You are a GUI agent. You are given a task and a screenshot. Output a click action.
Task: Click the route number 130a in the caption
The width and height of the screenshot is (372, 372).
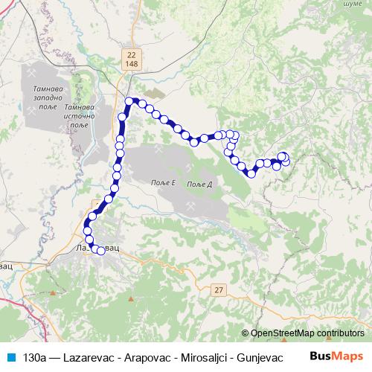tap(33, 357)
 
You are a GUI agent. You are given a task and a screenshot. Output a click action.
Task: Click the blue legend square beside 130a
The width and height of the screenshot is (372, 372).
tap(12, 357)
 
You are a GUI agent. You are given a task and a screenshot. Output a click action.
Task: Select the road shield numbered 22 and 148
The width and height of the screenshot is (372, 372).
tap(132, 60)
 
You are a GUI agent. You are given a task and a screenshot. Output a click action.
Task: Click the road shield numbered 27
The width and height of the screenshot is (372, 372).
tap(217, 289)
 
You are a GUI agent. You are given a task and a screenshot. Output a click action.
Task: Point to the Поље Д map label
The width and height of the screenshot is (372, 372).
tap(200, 184)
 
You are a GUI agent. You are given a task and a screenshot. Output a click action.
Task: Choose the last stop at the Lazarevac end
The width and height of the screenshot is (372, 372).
tap(101, 251)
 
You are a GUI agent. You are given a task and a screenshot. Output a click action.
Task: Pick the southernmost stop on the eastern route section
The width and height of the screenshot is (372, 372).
tap(251, 173)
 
